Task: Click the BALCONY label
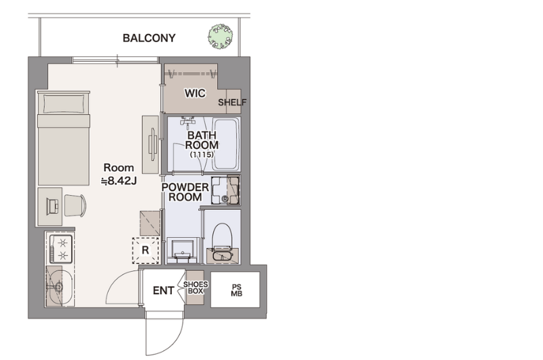(149, 38)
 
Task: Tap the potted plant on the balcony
(220, 36)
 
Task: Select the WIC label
(195, 93)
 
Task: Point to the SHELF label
(232, 102)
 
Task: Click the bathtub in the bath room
(226, 144)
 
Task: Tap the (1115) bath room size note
(202, 155)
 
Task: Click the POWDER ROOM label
(185, 192)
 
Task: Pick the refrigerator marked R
(145, 250)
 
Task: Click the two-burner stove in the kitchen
(61, 249)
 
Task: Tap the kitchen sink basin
(60, 287)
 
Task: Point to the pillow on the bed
(63, 104)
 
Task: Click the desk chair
(75, 205)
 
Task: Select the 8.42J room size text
(119, 181)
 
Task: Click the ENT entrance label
(164, 290)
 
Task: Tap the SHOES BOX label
(195, 287)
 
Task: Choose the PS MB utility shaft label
(236, 290)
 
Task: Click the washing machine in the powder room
(225, 190)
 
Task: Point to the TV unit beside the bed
(151, 144)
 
